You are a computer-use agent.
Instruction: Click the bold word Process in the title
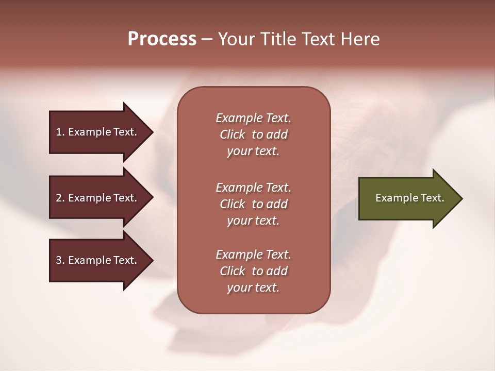point(162,39)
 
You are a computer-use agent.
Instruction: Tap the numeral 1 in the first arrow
point(59,132)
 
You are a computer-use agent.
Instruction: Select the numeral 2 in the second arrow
point(59,198)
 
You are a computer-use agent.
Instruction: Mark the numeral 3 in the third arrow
point(59,260)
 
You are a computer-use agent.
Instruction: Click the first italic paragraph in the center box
point(253,134)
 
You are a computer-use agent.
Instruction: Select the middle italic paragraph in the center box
point(253,204)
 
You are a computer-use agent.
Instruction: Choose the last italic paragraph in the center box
point(253,271)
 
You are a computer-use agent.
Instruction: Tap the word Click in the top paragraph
point(233,134)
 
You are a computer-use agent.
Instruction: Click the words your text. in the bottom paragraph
point(253,288)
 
